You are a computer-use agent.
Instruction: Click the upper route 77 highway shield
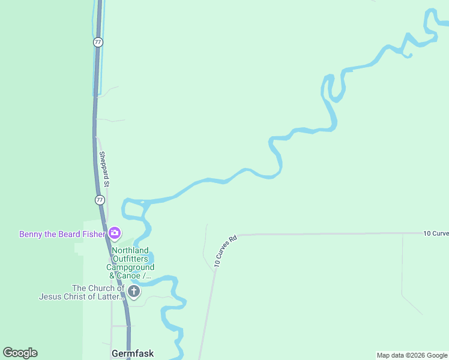[x=98, y=42]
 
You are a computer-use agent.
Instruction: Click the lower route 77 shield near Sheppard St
[x=100, y=200]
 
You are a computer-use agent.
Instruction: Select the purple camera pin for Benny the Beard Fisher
[x=114, y=233]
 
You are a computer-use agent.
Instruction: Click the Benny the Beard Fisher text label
[x=62, y=234]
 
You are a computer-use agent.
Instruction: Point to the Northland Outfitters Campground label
[x=131, y=263]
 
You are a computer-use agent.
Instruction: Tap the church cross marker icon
[x=134, y=292]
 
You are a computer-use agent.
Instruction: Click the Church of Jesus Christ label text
[x=82, y=292]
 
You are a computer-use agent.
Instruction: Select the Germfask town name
[x=133, y=353]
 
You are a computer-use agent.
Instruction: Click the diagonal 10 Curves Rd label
[x=226, y=251]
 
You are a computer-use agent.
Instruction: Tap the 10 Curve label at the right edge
[x=435, y=233]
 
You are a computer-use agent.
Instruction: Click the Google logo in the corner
[x=20, y=353]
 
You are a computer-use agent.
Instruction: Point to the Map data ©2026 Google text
[x=412, y=355]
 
